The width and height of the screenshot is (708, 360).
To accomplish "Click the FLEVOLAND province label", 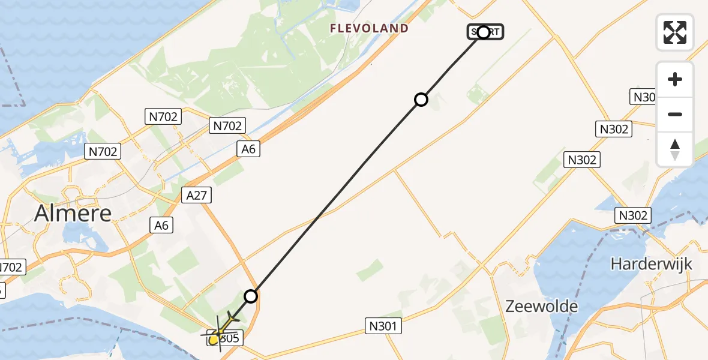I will (x=369, y=28).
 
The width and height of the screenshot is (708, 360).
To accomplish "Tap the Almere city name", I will (x=73, y=213).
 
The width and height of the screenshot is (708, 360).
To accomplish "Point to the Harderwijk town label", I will (x=651, y=263).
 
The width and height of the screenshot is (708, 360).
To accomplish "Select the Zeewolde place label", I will (x=541, y=307).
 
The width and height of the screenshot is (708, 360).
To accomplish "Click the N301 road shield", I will (x=382, y=326).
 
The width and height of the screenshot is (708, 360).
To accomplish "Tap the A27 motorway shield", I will (x=196, y=195).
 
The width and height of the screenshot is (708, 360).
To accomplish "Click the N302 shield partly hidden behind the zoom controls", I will (x=643, y=97).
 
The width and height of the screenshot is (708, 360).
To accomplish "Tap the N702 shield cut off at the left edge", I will (x=12, y=267).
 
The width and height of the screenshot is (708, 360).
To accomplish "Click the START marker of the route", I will (x=485, y=32).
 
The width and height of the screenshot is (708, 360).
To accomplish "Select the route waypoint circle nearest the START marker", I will (x=421, y=100).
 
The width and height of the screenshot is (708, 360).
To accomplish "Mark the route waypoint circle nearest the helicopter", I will (x=251, y=296).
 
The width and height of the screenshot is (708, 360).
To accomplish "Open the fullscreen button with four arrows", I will (x=675, y=32).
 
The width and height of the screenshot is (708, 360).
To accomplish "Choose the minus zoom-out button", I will (x=675, y=114).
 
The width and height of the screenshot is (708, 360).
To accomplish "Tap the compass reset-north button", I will (x=675, y=149).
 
